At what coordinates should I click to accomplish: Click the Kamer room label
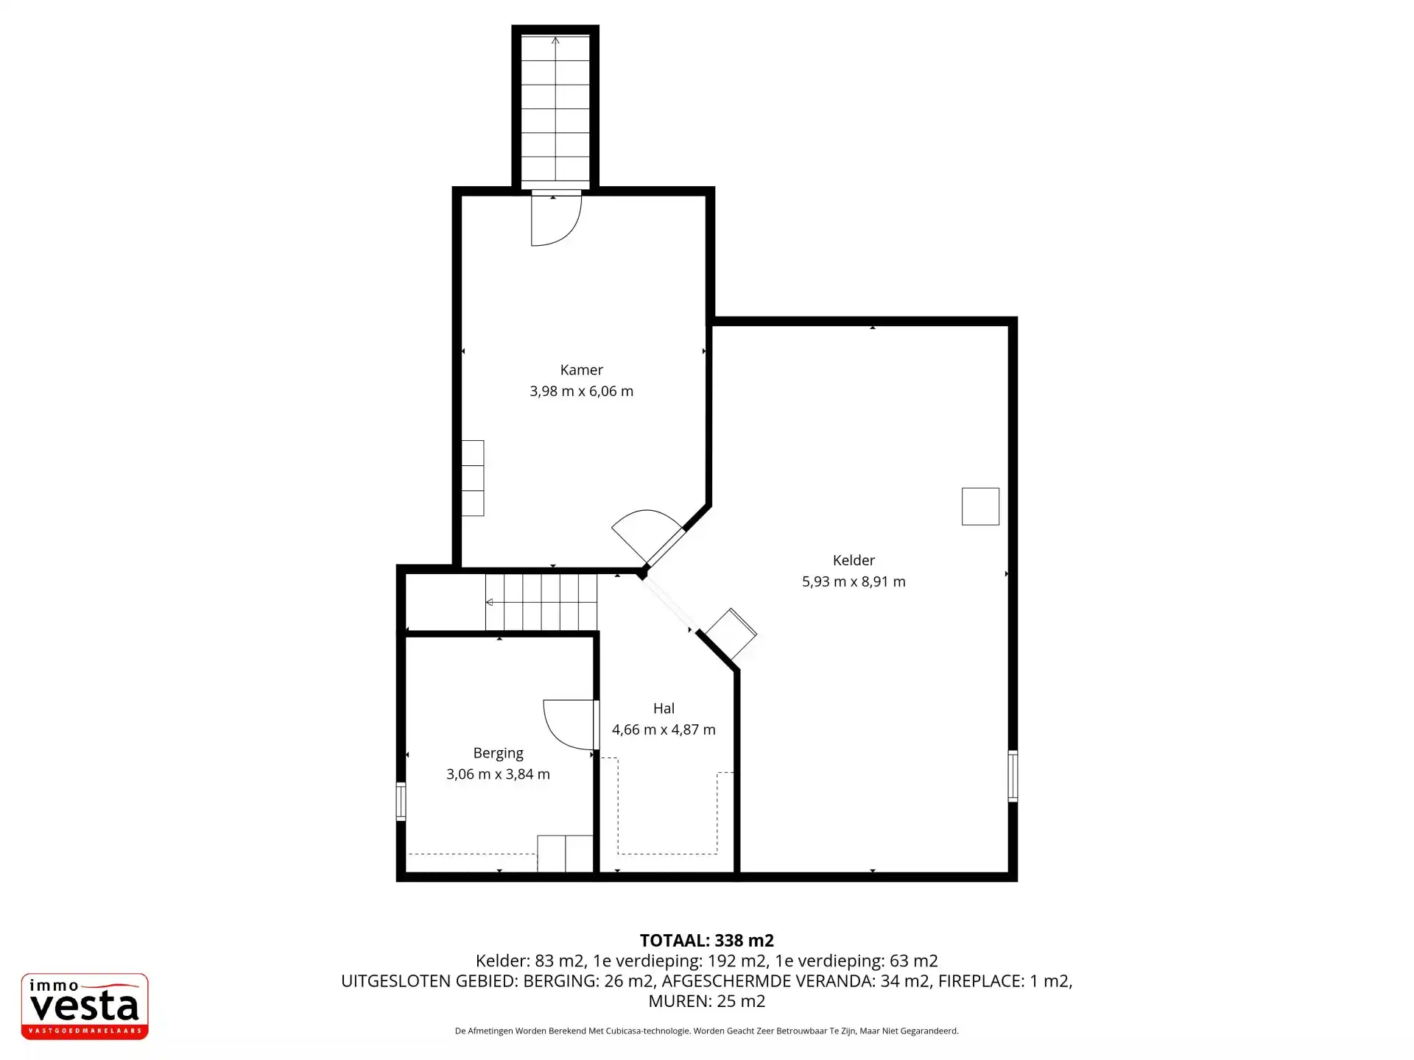[x=581, y=370]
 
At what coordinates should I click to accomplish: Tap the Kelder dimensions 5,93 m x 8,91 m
[x=854, y=582]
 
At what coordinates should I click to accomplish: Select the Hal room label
[x=664, y=708]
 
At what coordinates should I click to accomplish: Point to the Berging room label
[x=498, y=753]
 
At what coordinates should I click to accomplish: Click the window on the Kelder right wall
[x=1013, y=776]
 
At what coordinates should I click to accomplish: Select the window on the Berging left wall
[x=401, y=802]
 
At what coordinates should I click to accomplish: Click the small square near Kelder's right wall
[x=980, y=506]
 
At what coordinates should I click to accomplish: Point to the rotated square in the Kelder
[x=731, y=634]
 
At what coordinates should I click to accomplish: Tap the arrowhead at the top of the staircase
[x=555, y=40]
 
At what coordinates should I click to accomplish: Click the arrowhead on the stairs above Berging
[x=490, y=603]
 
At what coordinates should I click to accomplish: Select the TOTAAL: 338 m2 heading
[x=707, y=940]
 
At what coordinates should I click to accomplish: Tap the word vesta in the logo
[x=84, y=1006]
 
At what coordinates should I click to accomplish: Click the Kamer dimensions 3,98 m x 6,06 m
[x=581, y=392]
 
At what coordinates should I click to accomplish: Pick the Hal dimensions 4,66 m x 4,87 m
[x=664, y=729]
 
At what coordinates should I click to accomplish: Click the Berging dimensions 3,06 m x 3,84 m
[x=498, y=774]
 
